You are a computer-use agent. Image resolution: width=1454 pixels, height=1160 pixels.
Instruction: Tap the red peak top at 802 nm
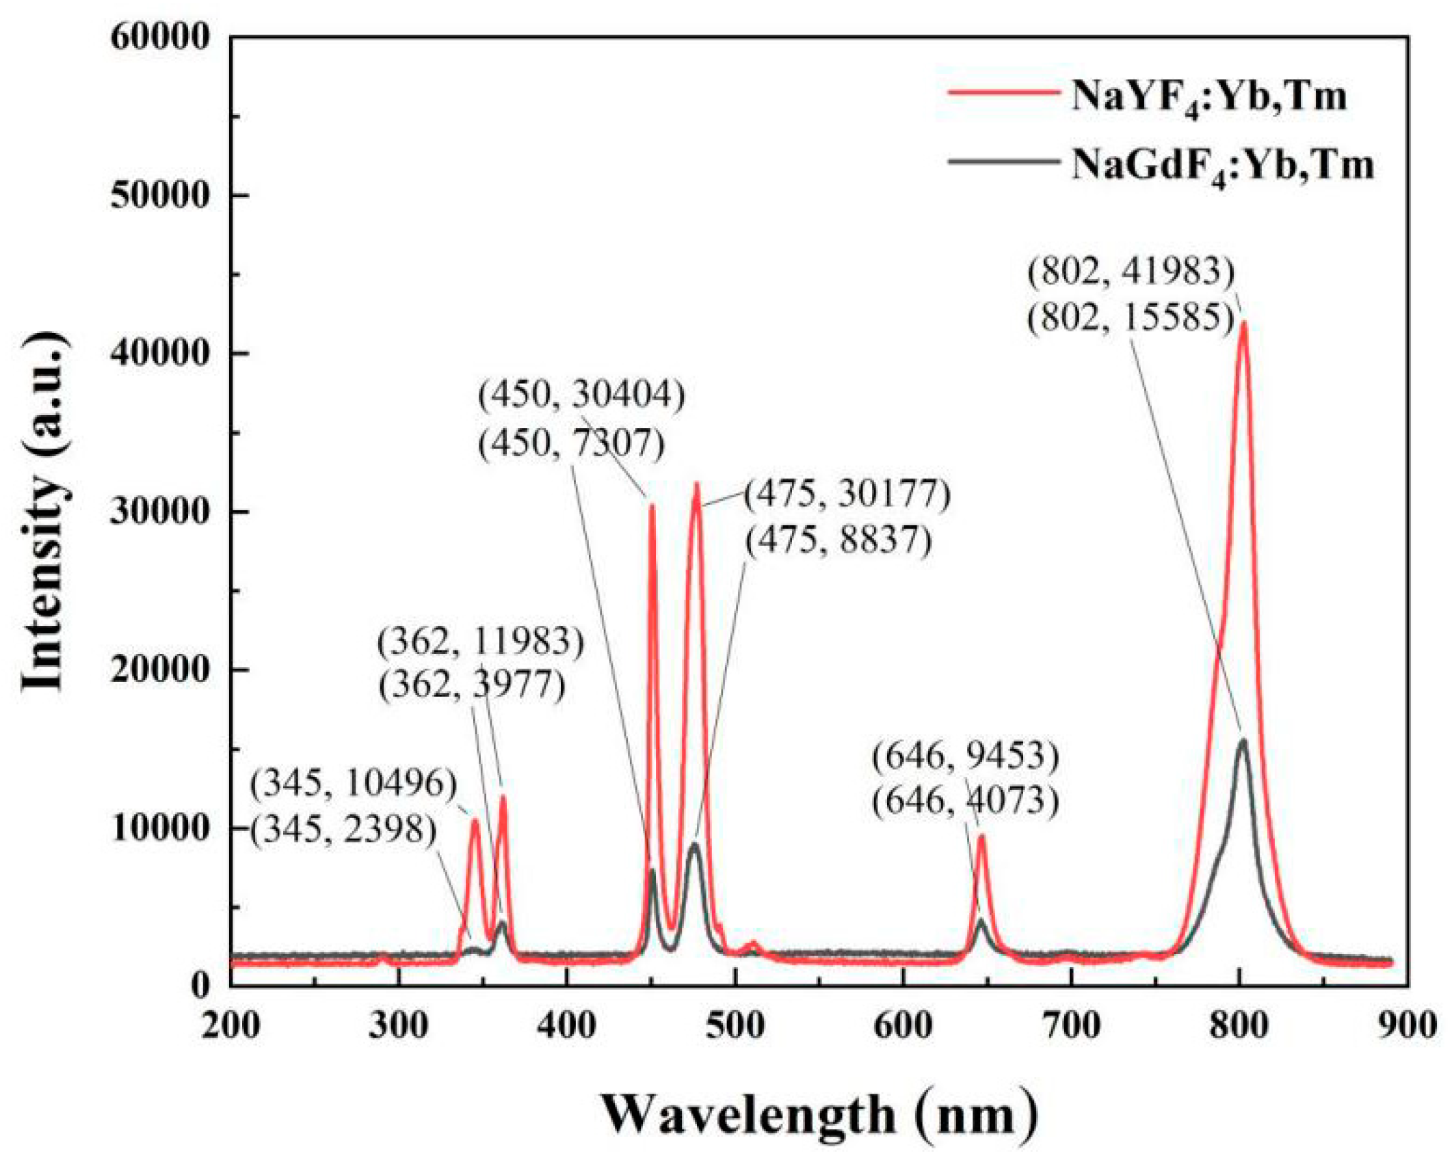[x=1243, y=323]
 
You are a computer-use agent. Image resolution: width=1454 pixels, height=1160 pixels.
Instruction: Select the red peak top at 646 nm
[x=981, y=836]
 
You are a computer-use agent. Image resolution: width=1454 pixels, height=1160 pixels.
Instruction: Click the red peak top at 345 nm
[x=475, y=820]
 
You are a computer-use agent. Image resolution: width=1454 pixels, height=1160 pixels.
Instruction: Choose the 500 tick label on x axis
[x=735, y=1026]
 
